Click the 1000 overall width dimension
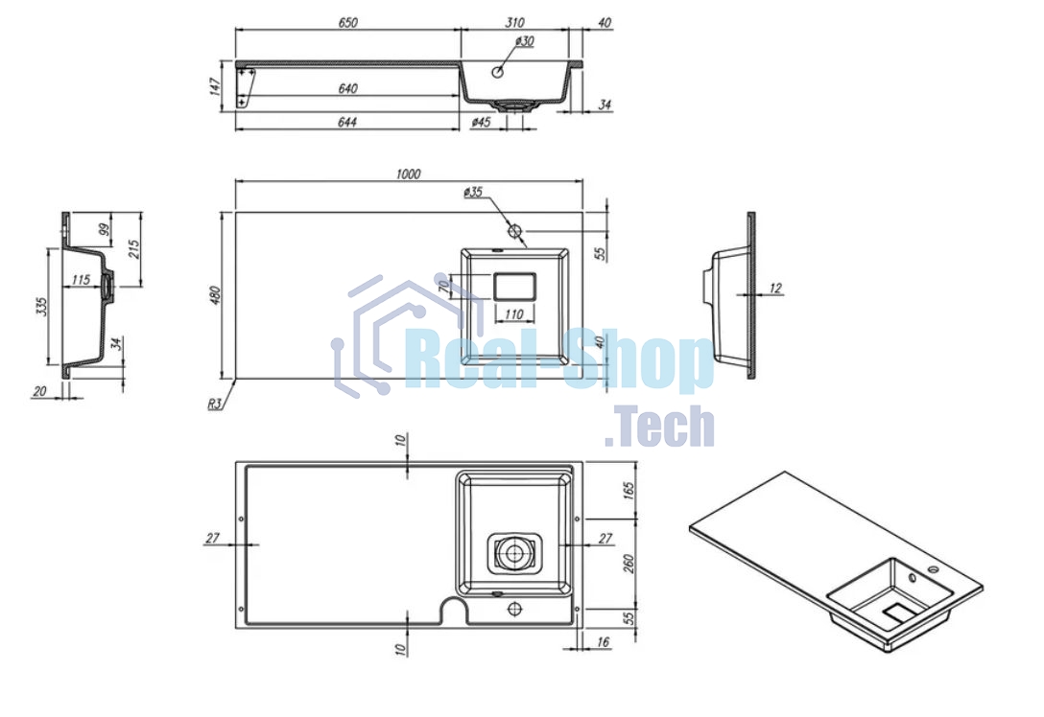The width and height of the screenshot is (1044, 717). [x=408, y=173]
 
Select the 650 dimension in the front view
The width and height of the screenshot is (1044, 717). [x=347, y=23]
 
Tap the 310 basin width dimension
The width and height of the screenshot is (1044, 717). [x=514, y=23]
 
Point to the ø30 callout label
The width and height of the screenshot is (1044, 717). [x=525, y=41]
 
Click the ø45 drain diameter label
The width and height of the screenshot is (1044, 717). [x=481, y=122]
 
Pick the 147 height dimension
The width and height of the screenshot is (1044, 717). [x=215, y=86]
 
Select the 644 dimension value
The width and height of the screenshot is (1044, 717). [x=347, y=122]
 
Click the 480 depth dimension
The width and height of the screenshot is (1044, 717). [x=214, y=296]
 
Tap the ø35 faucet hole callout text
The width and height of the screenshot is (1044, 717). [x=473, y=193]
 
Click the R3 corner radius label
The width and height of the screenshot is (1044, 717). [x=214, y=403]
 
